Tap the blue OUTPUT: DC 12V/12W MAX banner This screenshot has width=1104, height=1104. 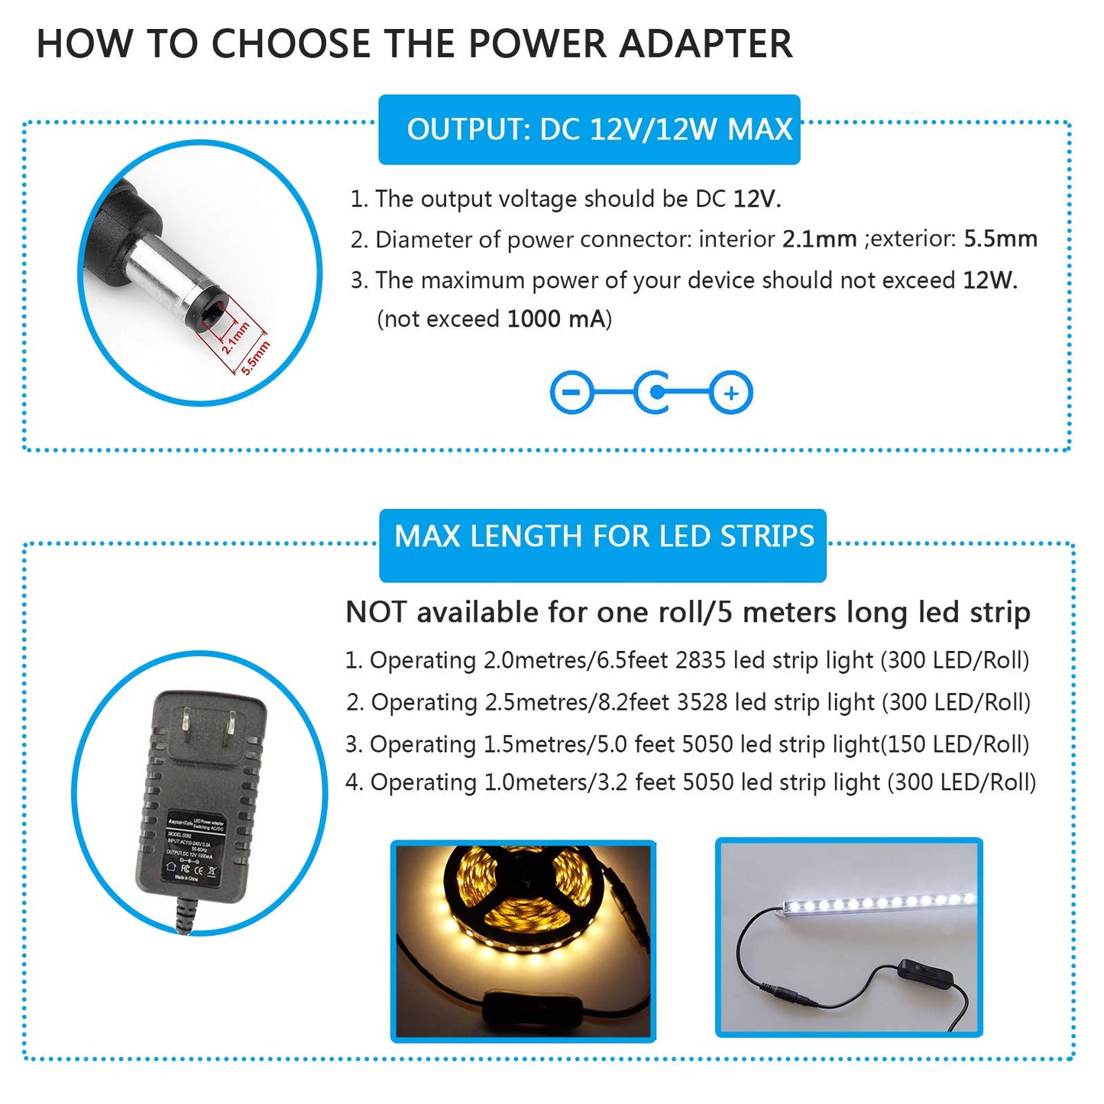click(x=589, y=130)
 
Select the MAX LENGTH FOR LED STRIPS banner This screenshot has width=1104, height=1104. click(x=603, y=537)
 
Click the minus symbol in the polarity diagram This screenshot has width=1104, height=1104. click(x=571, y=393)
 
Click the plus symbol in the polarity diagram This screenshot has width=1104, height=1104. click(x=731, y=393)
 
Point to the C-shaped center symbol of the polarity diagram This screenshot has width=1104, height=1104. click(x=654, y=393)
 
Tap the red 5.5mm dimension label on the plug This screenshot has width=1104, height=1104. click(x=256, y=357)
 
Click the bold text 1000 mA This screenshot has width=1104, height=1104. click(x=555, y=319)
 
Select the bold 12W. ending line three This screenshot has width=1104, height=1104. click(x=989, y=280)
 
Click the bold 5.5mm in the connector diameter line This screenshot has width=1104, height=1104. click(x=1000, y=239)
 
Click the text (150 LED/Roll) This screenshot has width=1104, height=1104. click(x=955, y=744)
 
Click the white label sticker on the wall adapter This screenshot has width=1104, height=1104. click(x=190, y=848)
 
